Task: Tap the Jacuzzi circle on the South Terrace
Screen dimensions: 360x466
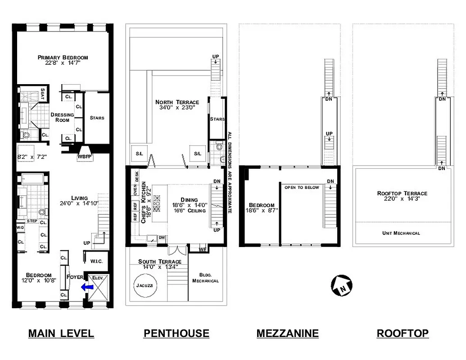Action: click(145, 285)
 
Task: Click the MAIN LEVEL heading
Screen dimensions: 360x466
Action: click(61, 333)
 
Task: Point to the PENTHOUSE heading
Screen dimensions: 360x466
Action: click(176, 333)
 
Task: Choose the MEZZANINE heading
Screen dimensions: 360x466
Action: click(288, 333)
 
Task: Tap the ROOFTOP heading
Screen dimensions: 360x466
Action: click(403, 333)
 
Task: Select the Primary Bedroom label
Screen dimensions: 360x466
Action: click(63, 58)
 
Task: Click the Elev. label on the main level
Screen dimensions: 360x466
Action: click(98, 278)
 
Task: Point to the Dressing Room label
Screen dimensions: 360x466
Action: click(62, 117)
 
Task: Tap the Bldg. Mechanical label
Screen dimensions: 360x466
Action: click(205, 278)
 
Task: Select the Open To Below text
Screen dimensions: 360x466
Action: click(301, 187)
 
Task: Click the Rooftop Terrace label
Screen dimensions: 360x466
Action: click(402, 193)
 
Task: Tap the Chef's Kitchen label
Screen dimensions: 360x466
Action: click(144, 202)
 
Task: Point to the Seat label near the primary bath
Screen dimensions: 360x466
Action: click(43, 94)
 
